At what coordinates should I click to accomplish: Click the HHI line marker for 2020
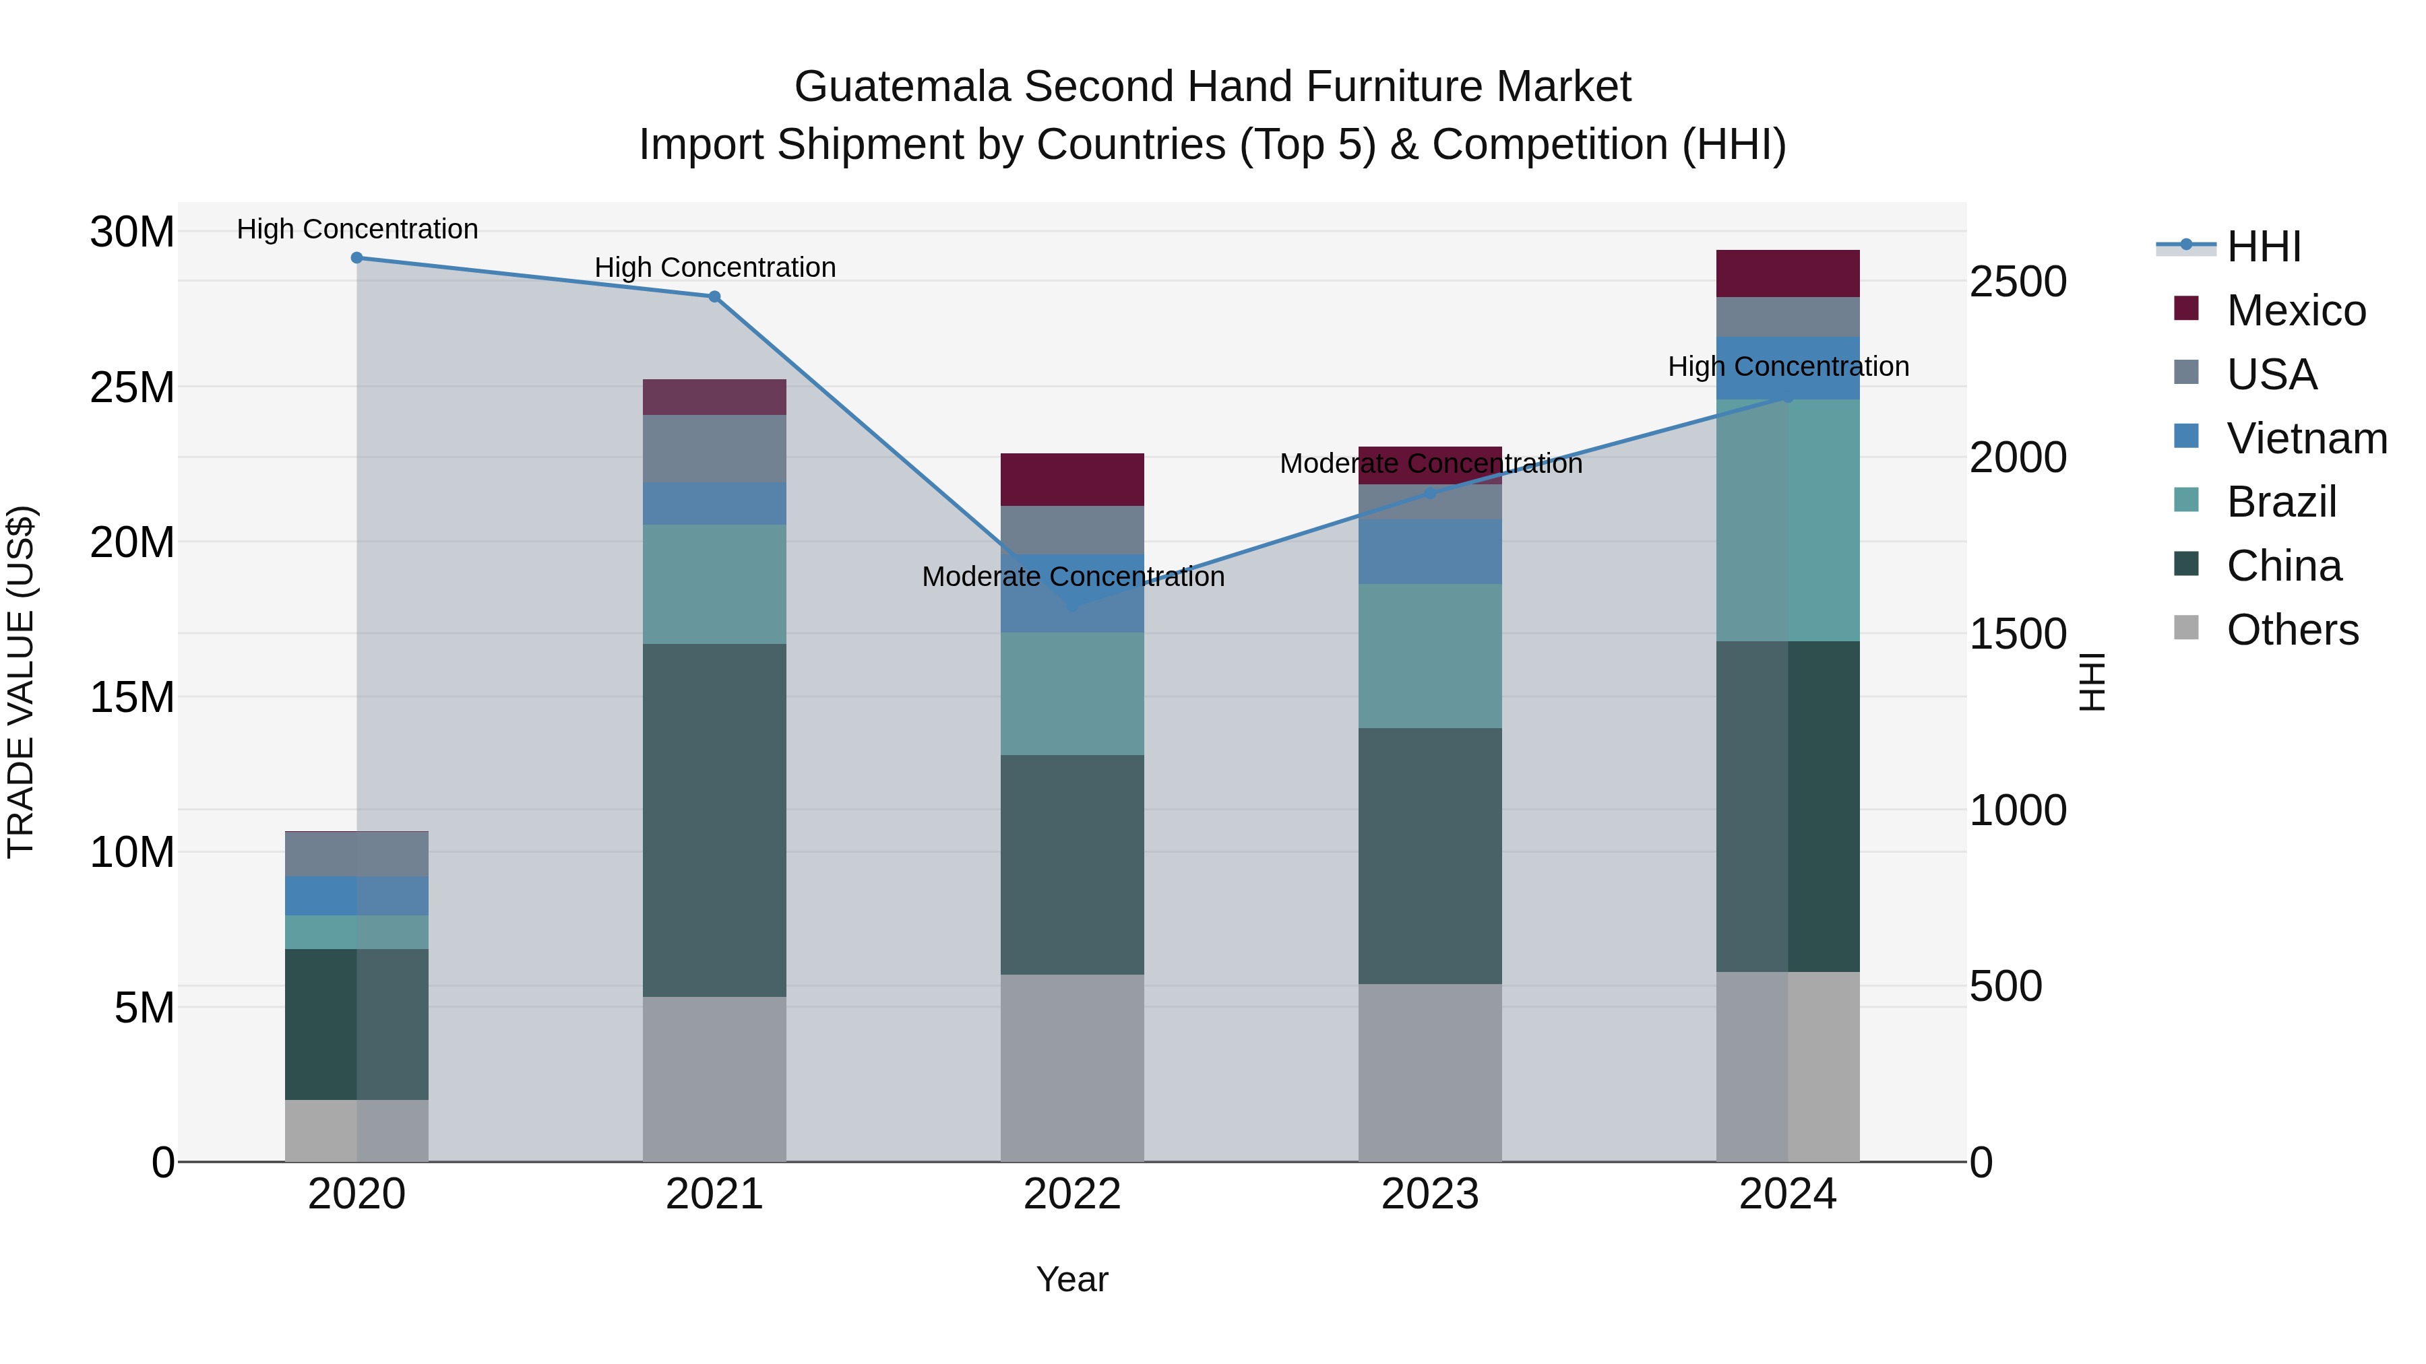[357, 258]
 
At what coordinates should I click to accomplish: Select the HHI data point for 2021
[715, 296]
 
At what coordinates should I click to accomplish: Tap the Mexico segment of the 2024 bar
[1787, 274]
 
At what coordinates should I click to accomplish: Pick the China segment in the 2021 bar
[715, 820]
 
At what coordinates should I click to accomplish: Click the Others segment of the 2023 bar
[1429, 1073]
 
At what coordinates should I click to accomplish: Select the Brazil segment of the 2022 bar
[1071, 694]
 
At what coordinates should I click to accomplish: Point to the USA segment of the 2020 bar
[357, 855]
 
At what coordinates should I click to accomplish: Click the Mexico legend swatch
[2186, 308]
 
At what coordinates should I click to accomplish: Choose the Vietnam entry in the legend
[2307, 439]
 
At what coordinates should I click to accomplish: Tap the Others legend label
[2293, 630]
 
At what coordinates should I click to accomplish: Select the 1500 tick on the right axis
[2018, 634]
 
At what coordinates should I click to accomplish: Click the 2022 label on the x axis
[1071, 1194]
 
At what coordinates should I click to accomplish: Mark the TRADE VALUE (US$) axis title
[21, 682]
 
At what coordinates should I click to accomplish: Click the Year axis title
[1071, 1279]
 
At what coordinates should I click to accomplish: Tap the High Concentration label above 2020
[357, 229]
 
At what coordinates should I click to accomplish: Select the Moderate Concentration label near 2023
[1429, 464]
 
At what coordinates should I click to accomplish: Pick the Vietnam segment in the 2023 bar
[1429, 552]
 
